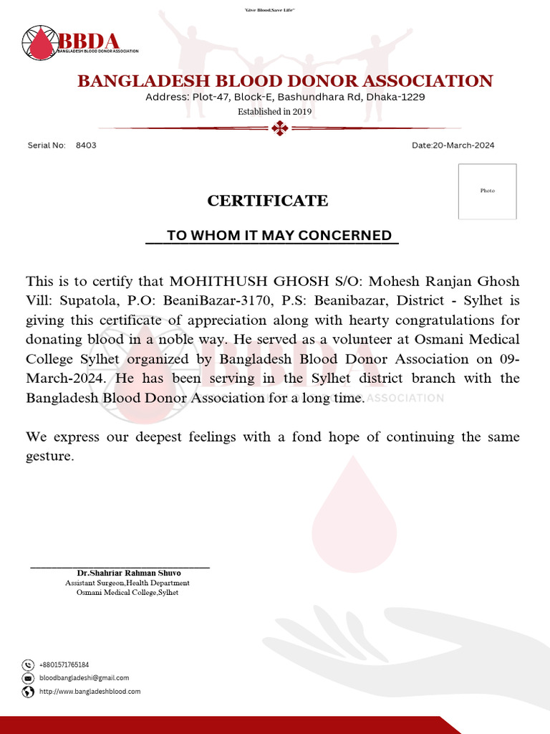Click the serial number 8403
tap(86, 146)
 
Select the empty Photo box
tap(487, 191)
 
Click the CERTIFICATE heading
tap(268, 201)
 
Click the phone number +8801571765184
tap(64, 665)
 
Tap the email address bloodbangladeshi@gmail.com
tap(84, 678)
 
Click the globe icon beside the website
tap(28, 692)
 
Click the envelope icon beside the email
tap(28, 678)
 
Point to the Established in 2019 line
tap(275, 112)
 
